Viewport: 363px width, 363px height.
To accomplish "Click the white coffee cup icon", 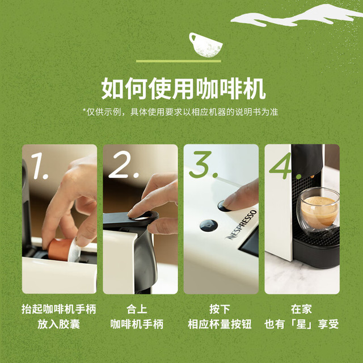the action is click(x=205, y=45).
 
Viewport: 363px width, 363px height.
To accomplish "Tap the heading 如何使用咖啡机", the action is click(x=183, y=88).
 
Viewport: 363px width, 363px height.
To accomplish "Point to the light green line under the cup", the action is click(x=179, y=61).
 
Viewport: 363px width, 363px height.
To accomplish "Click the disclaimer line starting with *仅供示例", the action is click(x=180, y=112).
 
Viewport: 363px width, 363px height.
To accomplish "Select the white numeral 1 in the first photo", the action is click(x=39, y=166).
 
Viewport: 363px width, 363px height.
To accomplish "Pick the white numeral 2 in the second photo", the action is click(x=123, y=164).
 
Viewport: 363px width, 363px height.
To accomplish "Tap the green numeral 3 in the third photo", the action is click(x=203, y=164).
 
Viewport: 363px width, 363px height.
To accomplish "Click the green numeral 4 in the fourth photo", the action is click(x=285, y=166).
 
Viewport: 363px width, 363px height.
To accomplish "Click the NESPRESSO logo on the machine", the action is click(x=242, y=225).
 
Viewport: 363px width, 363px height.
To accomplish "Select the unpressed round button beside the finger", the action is click(x=209, y=226).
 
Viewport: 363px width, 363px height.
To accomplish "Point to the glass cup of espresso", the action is click(x=318, y=209).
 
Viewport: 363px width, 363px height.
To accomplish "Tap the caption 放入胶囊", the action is click(x=58, y=324).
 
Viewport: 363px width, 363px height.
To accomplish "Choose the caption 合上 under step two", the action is click(x=137, y=309).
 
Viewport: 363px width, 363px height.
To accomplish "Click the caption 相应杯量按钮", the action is click(x=220, y=324).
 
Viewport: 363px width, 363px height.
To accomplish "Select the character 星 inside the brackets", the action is click(x=301, y=324).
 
